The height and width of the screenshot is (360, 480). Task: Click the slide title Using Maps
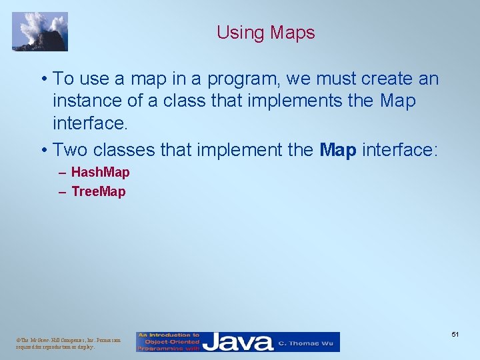coord(265,32)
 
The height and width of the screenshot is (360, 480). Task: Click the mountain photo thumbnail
coord(40,31)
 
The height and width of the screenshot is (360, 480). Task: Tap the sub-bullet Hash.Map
coord(100,172)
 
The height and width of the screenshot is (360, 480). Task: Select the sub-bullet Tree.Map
coord(98,192)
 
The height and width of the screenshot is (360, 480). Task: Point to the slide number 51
coord(455,333)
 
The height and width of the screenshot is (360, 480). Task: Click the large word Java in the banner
coord(237,342)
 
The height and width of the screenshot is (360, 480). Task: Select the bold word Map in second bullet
coord(338,150)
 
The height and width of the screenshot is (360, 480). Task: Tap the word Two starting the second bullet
coord(69,150)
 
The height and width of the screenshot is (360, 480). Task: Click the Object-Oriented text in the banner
coord(169,341)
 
